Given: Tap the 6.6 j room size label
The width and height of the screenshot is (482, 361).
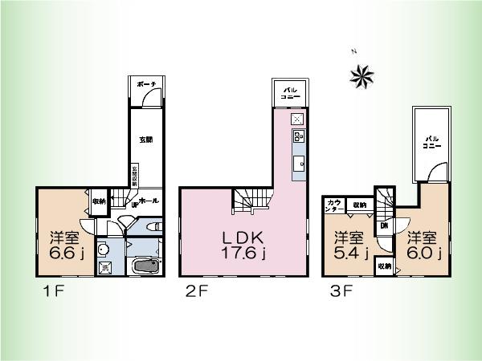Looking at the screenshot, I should pos(62,246).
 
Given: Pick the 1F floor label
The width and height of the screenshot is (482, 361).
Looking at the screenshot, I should pos(45,294).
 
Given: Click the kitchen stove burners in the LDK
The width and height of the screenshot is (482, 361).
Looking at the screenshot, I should pos(298,137).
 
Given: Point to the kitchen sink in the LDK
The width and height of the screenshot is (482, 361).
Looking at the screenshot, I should pos(299,164).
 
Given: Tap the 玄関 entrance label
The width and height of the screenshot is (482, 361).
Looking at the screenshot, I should pos(146,140).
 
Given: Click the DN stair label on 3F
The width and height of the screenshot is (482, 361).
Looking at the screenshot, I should pos(384,225).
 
